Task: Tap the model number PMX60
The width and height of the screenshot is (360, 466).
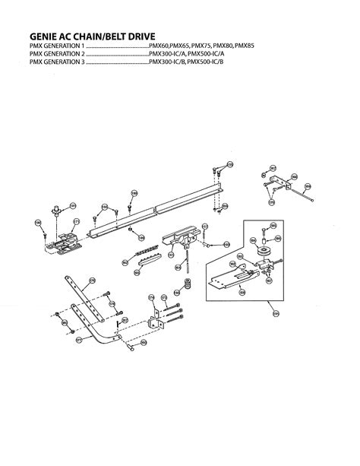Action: point(162,47)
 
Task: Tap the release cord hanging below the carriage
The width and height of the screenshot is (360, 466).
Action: point(185,262)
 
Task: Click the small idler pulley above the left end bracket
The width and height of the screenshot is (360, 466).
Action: point(56,211)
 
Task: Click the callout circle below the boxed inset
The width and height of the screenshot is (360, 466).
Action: point(276,313)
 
